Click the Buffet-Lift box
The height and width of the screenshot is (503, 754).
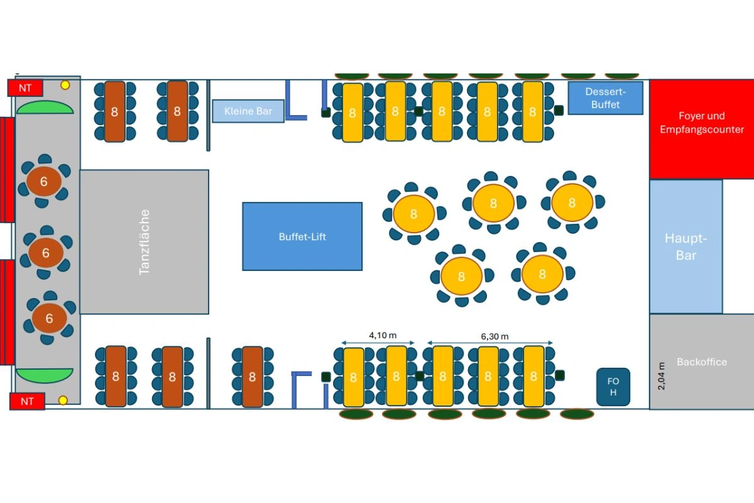pos(302,236)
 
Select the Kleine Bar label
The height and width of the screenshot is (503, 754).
pos(248,111)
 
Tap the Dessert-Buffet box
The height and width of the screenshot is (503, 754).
pos(605,98)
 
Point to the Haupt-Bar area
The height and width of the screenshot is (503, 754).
pos(686,246)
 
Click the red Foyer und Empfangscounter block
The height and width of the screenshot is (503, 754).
pos(701,129)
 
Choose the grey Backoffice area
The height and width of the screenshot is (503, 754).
pos(701,362)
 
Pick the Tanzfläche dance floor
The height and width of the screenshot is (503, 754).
pos(145,241)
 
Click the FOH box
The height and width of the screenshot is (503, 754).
pos(613,387)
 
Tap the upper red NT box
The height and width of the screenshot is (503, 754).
pos(25,88)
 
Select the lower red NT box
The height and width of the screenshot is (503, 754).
pos(27,401)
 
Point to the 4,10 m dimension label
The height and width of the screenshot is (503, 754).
pos(378,336)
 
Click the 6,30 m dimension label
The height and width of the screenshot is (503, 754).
pos(494,336)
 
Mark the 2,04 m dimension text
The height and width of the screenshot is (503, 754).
pos(660,376)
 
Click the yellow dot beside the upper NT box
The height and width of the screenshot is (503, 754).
pos(65,85)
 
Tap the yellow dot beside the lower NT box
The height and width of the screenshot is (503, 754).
pos(63,400)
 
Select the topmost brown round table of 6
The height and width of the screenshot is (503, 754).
pos(43,182)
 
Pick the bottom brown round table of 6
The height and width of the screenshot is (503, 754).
pos(48,318)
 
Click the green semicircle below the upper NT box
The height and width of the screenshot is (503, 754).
pos(45,108)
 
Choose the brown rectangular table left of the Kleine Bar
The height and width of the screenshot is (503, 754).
pos(177,111)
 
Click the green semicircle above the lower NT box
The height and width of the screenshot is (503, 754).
pos(45,376)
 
